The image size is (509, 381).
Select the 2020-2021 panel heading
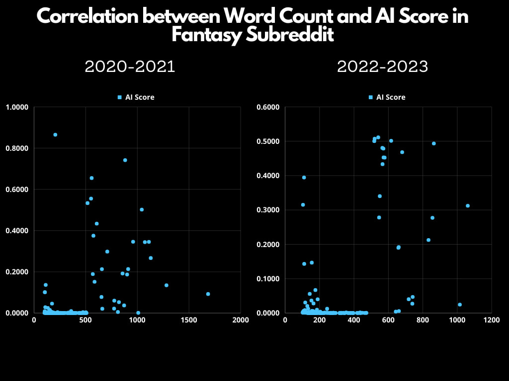[130, 66]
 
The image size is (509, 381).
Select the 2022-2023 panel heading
[382, 66]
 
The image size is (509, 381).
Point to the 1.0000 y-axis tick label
[16, 107]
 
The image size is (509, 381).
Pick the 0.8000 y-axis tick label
[16, 148]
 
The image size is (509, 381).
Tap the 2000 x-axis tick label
[241, 320]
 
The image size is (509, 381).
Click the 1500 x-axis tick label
[189, 320]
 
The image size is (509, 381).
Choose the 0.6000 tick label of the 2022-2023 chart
[267, 107]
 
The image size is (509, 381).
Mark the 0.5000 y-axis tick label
[267, 141]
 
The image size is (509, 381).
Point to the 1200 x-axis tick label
[491, 320]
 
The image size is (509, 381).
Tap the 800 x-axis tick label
[423, 320]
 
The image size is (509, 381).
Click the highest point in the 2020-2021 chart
[55, 134]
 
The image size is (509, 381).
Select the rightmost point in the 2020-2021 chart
[208, 294]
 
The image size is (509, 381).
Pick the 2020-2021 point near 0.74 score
[125, 160]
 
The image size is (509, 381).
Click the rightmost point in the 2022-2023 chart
[468, 205]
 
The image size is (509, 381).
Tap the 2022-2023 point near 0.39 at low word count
[304, 177]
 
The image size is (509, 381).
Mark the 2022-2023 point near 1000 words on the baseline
[460, 305]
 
